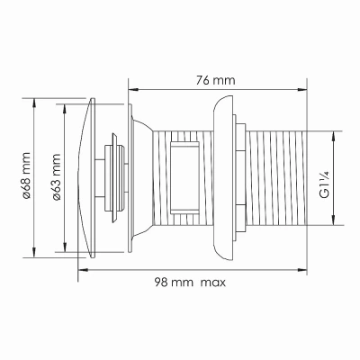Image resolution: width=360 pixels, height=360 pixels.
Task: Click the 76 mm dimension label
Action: pyautogui.click(x=216, y=81)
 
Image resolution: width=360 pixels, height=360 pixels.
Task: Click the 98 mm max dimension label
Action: pyautogui.click(x=190, y=283)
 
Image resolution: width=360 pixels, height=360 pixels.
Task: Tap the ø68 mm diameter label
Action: pyautogui.click(x=27, y=175)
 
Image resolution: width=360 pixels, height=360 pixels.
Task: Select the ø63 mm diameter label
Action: pyautogui.click(x=57, y=176)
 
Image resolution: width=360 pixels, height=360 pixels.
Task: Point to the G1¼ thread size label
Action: pyautogui.click(x=325, y=184)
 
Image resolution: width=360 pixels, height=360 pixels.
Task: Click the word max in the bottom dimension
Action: pyautogui.click(x=213, y=283)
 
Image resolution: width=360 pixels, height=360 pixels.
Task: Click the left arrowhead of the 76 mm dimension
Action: pyautogui.click(x=133, y=89)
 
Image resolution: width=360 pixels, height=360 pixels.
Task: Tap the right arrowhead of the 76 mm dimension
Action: pyautogui.click(x=302, y=89)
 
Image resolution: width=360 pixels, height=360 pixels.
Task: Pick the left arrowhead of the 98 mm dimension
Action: pyautogui.click(x=83, y=270)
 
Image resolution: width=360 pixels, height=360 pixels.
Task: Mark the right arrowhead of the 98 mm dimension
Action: pyautogui.click(x=302, y=270)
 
